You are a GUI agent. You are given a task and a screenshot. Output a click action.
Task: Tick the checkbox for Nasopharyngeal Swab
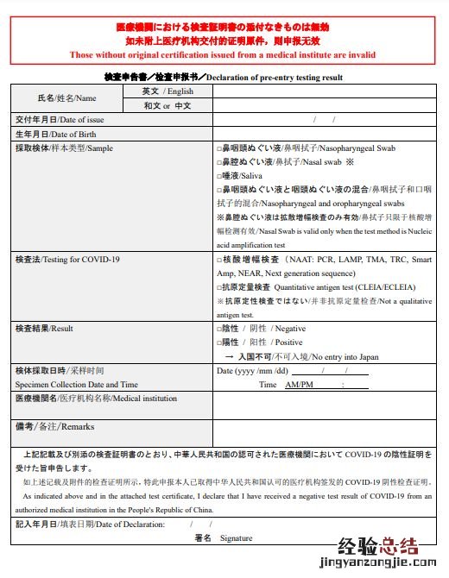point(219,148)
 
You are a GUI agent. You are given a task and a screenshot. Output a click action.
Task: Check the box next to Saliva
point(219,175)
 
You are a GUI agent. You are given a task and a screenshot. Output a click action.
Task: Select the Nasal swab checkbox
point(219,161)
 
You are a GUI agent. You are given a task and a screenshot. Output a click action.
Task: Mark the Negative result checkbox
point(219,329)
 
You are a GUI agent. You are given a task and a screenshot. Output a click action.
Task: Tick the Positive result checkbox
point(219,342)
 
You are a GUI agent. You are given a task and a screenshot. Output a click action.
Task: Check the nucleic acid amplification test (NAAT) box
point(219,260)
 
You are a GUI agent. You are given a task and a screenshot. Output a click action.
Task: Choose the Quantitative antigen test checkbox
point(219,287)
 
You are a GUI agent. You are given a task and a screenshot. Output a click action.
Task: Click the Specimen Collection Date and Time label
point(77,384)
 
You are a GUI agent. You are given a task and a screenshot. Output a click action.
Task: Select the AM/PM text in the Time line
point(299,385)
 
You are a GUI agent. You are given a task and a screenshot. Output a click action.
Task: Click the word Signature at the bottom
point(236,538)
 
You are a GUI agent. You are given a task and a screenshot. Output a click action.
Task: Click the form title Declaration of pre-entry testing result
point(274,78)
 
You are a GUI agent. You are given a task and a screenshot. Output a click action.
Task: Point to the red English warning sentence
point(223,54)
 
